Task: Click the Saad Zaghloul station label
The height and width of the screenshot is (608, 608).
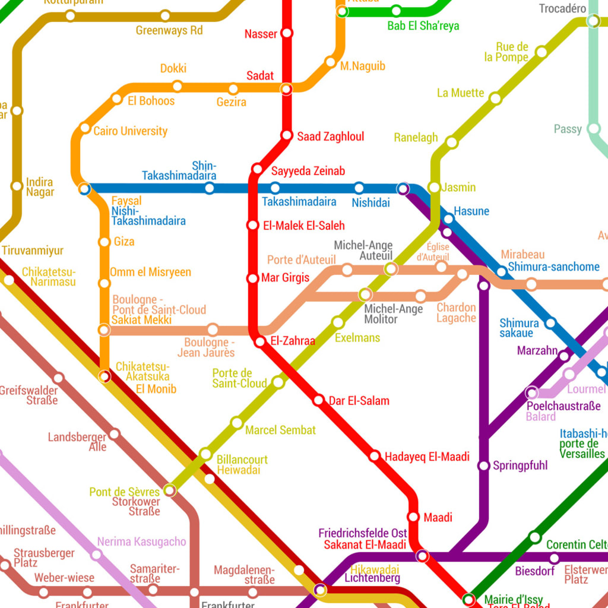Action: (330, 137)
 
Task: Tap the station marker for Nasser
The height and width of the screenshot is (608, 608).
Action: (287, 33)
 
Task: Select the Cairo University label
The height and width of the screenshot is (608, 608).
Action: (131, 131)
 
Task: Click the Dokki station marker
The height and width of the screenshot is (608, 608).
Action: (177, 87)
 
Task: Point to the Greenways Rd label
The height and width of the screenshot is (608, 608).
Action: (169, 30)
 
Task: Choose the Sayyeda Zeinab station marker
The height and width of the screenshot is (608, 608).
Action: (257, 169)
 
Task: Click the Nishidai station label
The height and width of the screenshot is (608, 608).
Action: (370, 203)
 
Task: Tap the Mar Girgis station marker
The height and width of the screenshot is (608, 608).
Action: (252, 278)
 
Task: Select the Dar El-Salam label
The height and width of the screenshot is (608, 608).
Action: (359, 401)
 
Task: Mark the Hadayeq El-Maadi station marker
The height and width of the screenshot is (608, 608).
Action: (375, 456)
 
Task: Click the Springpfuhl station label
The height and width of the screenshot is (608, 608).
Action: (520, 465)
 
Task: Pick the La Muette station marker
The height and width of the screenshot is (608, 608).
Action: (495, 99)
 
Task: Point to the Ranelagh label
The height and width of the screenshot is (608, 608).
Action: (416, 138)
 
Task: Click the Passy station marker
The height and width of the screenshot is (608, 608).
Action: (593, 129)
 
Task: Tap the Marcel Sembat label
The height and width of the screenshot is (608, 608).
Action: (280, 430)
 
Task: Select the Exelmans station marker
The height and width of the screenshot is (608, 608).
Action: (338, 322)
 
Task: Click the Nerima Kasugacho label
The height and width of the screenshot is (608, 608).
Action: (141, 541)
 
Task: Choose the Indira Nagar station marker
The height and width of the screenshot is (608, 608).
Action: (17, 186)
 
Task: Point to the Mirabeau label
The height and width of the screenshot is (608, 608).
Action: (522, 255)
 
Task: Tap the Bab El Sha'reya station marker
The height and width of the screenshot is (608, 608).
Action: (396, 11)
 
